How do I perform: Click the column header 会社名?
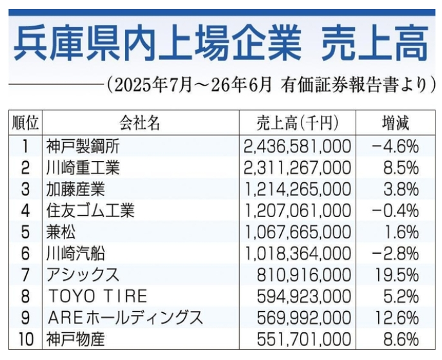140,123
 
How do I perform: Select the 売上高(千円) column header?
298,123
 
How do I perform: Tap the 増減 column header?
395,123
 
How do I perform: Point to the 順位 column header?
25,123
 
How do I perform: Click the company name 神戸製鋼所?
83,146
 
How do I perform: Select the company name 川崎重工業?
83,168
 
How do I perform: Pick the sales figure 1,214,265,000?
297,189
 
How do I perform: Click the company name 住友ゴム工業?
90,211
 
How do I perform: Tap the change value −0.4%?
395,211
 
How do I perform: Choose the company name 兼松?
61,232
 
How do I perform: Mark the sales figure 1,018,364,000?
297,254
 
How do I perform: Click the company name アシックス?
83,275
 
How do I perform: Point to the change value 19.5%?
397,275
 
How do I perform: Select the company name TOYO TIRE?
98,296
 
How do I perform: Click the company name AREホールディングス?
126,317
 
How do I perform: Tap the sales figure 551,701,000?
304,339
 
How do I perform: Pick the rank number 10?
26,339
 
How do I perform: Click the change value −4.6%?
395,147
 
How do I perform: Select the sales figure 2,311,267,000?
297,168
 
